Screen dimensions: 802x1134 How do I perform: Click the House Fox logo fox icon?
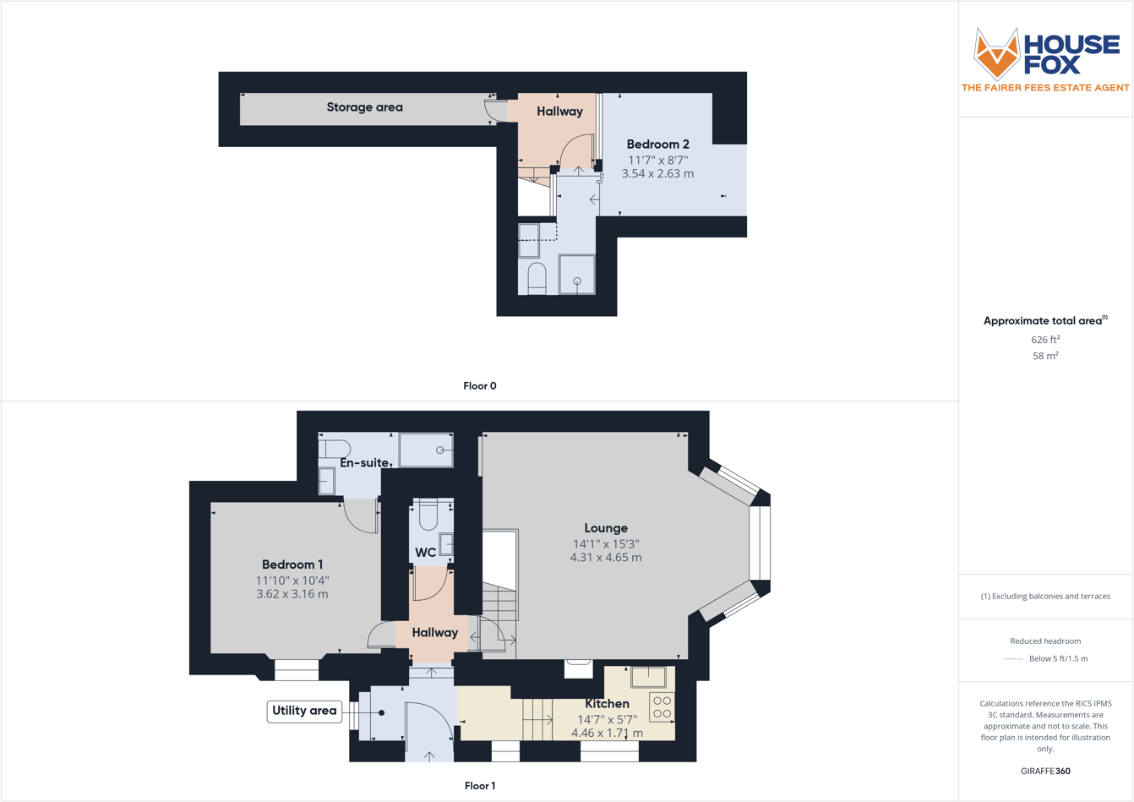[x=997, y=53]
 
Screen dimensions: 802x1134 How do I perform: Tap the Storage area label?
[x=364, y=107]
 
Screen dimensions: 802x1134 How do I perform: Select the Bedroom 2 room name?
[x=657, y=145]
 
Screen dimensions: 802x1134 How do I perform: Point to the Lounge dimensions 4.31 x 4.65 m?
[x=606, y=558]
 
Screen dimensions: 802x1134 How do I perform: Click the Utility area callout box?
[x=303, y=711]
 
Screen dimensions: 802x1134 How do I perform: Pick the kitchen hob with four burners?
[x=662, y=707]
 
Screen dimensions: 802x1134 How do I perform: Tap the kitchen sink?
[x=648, y=677]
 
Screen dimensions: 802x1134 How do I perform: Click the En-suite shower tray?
[x=426, y=450]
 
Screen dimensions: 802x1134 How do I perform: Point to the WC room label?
[x=425, y=553]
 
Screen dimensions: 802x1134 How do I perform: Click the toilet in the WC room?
[x=428, y=514]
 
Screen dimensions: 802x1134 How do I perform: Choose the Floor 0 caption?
[x=480, y=386]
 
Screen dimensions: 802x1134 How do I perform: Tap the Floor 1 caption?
[x=480, y=786]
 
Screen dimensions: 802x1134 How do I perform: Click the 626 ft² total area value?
[x=1045, y=339]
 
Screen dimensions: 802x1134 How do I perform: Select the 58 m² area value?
[x=1045, y=356]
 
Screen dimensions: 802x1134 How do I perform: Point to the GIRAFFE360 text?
[x=1045, y=771]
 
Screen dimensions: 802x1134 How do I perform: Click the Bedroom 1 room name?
[x=292, y=565]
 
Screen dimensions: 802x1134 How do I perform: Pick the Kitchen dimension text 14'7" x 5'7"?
[x=607, y=719]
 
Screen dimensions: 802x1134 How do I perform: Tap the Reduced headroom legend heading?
[x=1045, y=641]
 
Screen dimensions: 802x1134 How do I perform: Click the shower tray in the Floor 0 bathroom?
[x=577, y=274]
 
